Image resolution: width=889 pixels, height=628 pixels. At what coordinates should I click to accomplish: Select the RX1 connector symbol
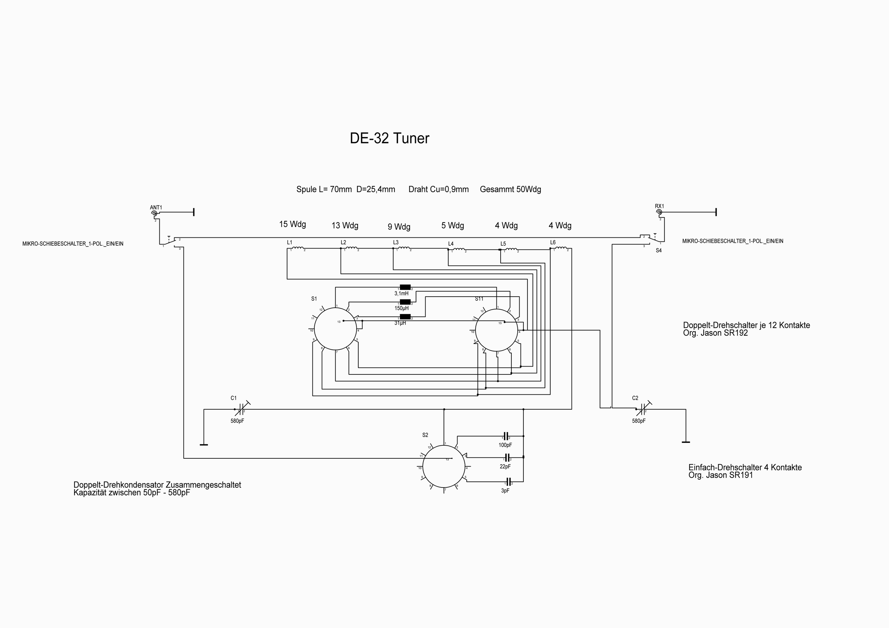(659, 212)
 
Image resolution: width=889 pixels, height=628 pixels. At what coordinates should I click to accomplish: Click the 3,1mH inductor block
(405, 287)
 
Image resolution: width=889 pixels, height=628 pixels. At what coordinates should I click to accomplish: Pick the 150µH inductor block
(405, 302)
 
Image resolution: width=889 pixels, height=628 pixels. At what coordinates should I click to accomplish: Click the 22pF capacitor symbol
(507, 457)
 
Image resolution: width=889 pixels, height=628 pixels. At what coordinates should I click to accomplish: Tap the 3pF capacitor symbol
(509, 482)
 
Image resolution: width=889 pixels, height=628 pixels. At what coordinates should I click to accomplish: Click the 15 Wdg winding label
(292, 224)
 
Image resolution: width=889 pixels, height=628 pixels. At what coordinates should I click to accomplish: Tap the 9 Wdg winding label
(399, 227)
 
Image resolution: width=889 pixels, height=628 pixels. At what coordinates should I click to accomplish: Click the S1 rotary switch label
(314, 299)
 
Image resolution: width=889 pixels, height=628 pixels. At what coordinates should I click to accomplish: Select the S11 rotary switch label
(479, 299)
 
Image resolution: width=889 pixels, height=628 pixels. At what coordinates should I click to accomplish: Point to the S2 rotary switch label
(425, 435)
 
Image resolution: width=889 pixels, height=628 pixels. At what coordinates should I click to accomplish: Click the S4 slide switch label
(659, 251)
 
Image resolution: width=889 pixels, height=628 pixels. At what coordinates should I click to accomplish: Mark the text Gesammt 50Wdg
(510, 189)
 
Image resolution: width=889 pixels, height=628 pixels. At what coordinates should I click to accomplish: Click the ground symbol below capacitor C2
(685, 442)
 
